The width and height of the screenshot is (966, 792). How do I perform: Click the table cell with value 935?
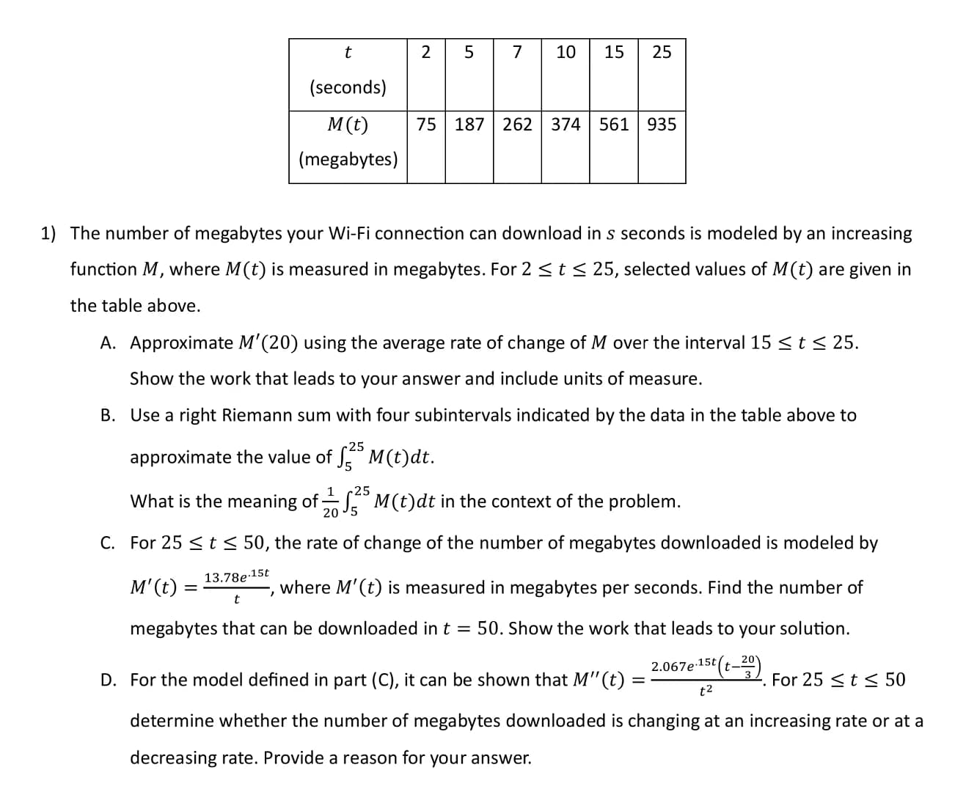pyautogui.click(x=662, y=125)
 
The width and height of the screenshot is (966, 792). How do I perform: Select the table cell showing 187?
pyautogui.click(x=469, y=125)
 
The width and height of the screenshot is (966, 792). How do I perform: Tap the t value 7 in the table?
pyautogui.click(x=517, y=52)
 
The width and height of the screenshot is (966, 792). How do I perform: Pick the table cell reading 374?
pyautogui.click(x=566, y=125)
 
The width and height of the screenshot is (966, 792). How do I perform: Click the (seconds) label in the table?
pyautogui.click(x=348, y=87)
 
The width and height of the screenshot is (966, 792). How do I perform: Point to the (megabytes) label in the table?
pyautogui.click(x=348, y=159)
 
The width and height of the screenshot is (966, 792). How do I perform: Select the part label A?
pyautogui.click(x=108, y=343)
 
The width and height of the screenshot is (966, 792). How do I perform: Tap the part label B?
pyautogui.click(x=108, y=416)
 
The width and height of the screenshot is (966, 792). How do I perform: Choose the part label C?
pyautogui.click(x=108, y=543)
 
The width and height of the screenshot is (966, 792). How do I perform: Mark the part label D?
pyautogui.click(x=108, y=681)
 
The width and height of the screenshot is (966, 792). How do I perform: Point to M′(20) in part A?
pyautogui.click(x=268, y=343)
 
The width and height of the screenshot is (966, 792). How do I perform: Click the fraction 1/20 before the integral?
pyautogui.click(x=331, y=502)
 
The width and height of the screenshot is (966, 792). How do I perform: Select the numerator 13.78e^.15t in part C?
pyautogui.click(x=236, y=576)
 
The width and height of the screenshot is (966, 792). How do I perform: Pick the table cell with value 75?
pyautogui.click(x=426, y=125)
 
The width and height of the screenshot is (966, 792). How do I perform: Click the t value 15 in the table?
pyautogui.click(x=614, y=52)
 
